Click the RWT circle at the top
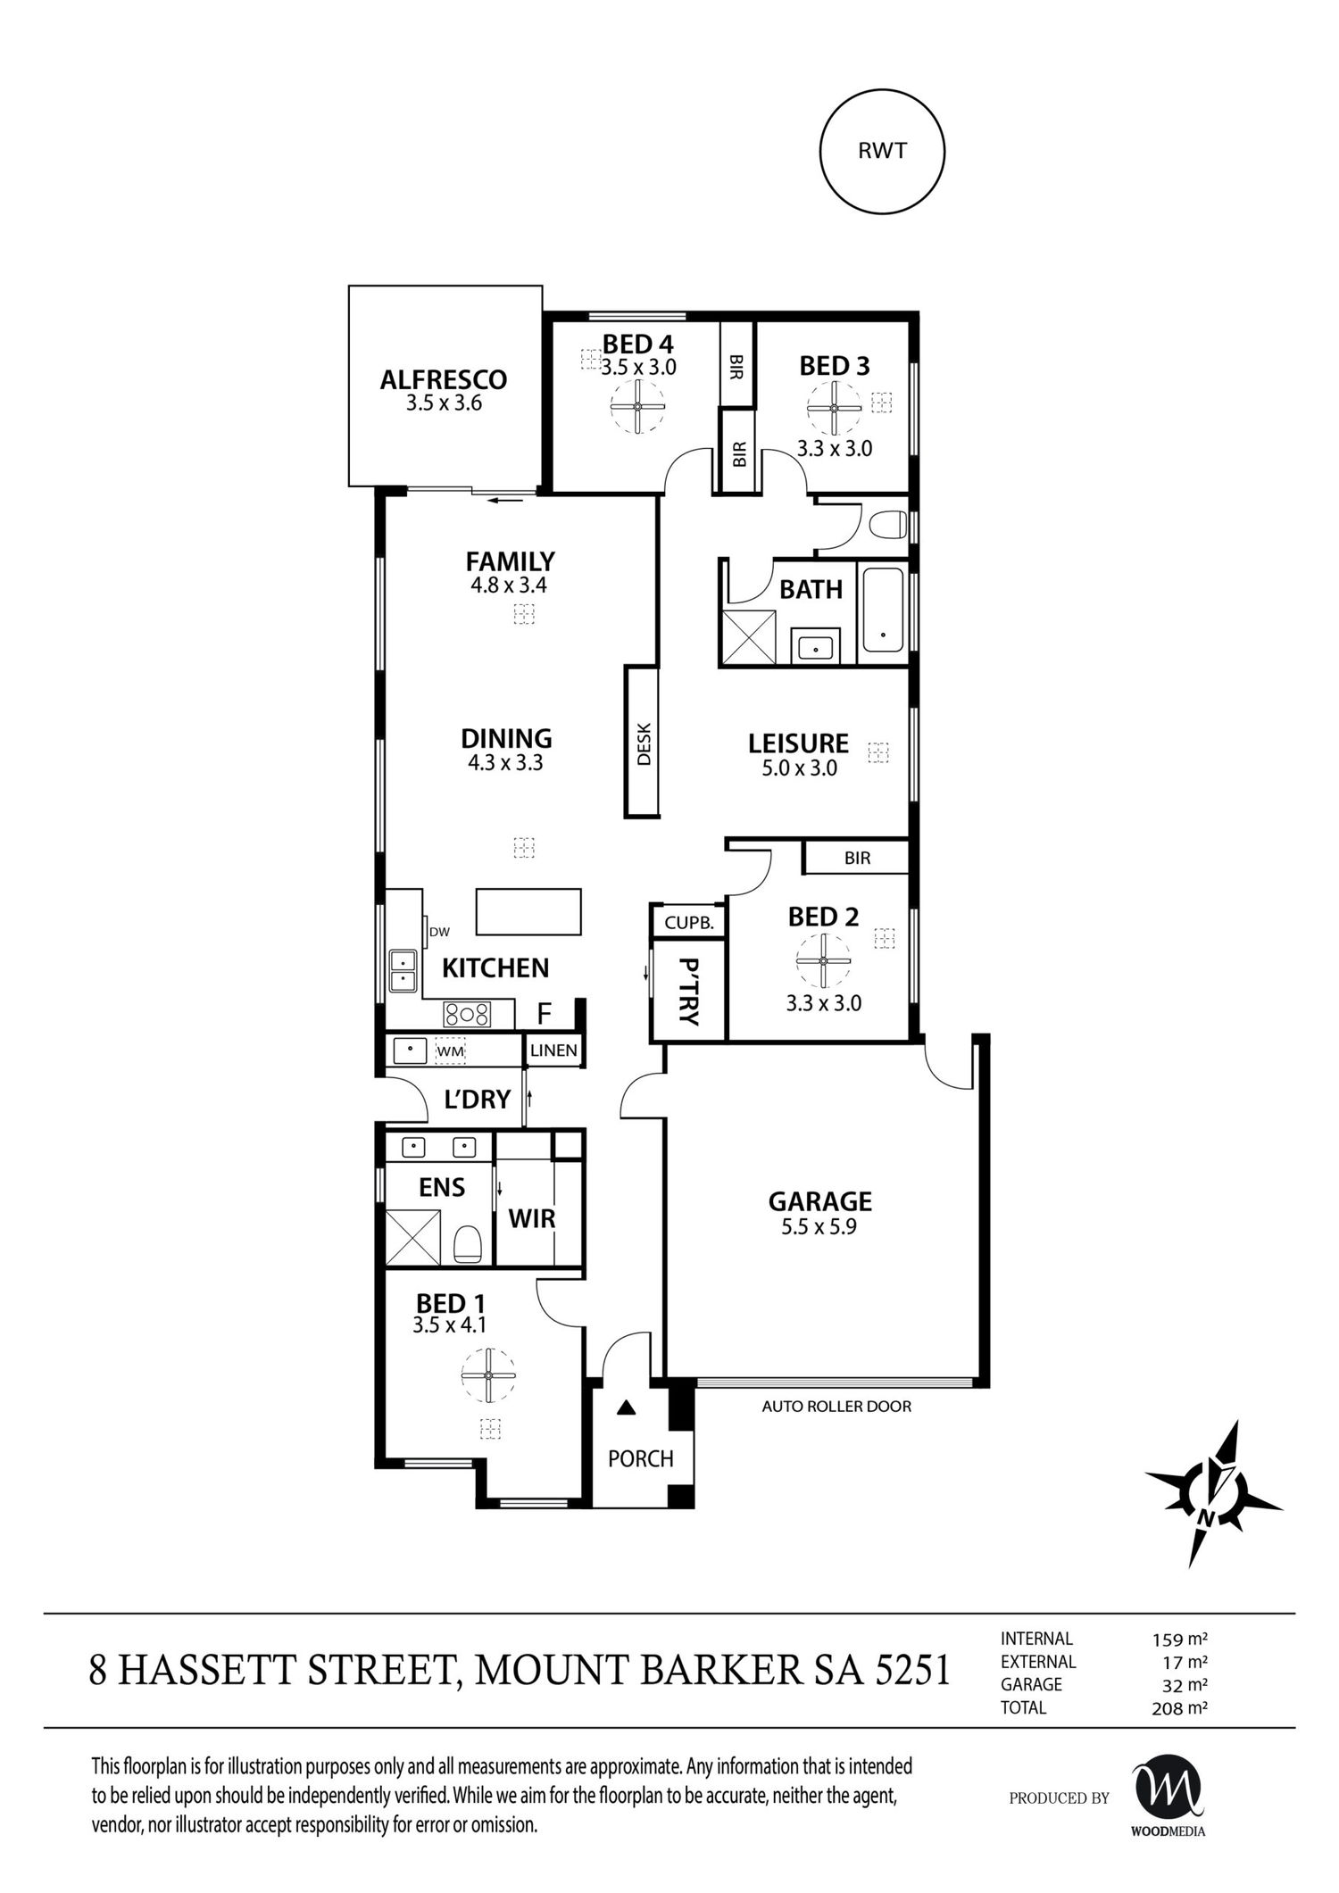tap(882, 151)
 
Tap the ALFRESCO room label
tap(443, 380)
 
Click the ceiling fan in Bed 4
tap(637, 407)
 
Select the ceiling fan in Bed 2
tap(823, 961)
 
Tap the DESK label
tap(644, 743)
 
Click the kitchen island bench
tap(528, 911)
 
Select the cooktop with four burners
tap(467, 1014)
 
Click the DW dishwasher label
tap(439, 932)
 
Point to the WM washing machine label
tap(451, 1052)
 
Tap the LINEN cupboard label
tap(553, 1050)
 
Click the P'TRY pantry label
tap(688, 992)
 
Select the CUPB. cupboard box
tap(689, 924)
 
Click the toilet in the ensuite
tap(468, 1244)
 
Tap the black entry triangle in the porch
tap(628, 1408)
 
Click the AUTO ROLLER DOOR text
tap(836, 1407)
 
